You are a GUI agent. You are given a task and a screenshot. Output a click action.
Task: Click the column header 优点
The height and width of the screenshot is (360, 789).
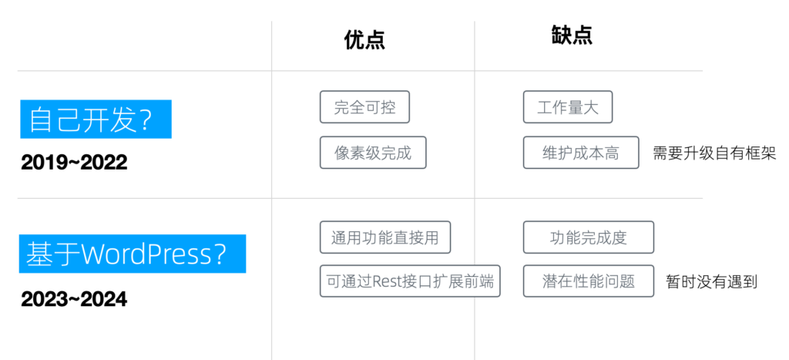coord(364,40)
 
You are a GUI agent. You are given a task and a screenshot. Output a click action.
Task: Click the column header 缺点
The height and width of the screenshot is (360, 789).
coord(572,35)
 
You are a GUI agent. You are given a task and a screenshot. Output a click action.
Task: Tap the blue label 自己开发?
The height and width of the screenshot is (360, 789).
coord(96,119)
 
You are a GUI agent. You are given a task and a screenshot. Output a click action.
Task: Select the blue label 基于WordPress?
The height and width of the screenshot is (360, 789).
coord(133,254)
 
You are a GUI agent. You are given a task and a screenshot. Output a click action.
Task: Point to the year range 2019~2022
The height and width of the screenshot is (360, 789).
coord(74,162)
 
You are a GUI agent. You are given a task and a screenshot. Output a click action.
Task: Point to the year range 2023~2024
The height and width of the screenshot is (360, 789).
coord(74,299)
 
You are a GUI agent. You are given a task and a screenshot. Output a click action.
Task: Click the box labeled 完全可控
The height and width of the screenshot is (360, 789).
coord(364,106)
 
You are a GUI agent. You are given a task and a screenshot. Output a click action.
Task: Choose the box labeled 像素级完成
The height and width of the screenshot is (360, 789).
coord(373,153)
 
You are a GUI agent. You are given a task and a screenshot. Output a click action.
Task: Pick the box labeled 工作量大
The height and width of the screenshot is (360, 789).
coord(568,106)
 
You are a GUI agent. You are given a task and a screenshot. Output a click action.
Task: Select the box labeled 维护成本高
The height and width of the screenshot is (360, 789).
coord(581,153)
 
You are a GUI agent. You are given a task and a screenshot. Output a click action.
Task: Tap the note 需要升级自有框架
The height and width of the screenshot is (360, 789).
coord(714,153)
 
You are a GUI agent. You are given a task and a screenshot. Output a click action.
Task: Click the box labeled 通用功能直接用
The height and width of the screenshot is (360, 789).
coord(385,237)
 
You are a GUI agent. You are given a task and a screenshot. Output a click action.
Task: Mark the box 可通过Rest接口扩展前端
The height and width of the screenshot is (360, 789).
coord(410,281)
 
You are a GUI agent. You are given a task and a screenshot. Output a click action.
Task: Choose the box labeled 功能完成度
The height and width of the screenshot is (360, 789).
coord(589,237)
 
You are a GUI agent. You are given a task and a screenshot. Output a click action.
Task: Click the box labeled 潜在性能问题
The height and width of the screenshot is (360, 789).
coord(589,281)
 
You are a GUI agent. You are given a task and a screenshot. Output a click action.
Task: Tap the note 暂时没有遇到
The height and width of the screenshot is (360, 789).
coord(711,281)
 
